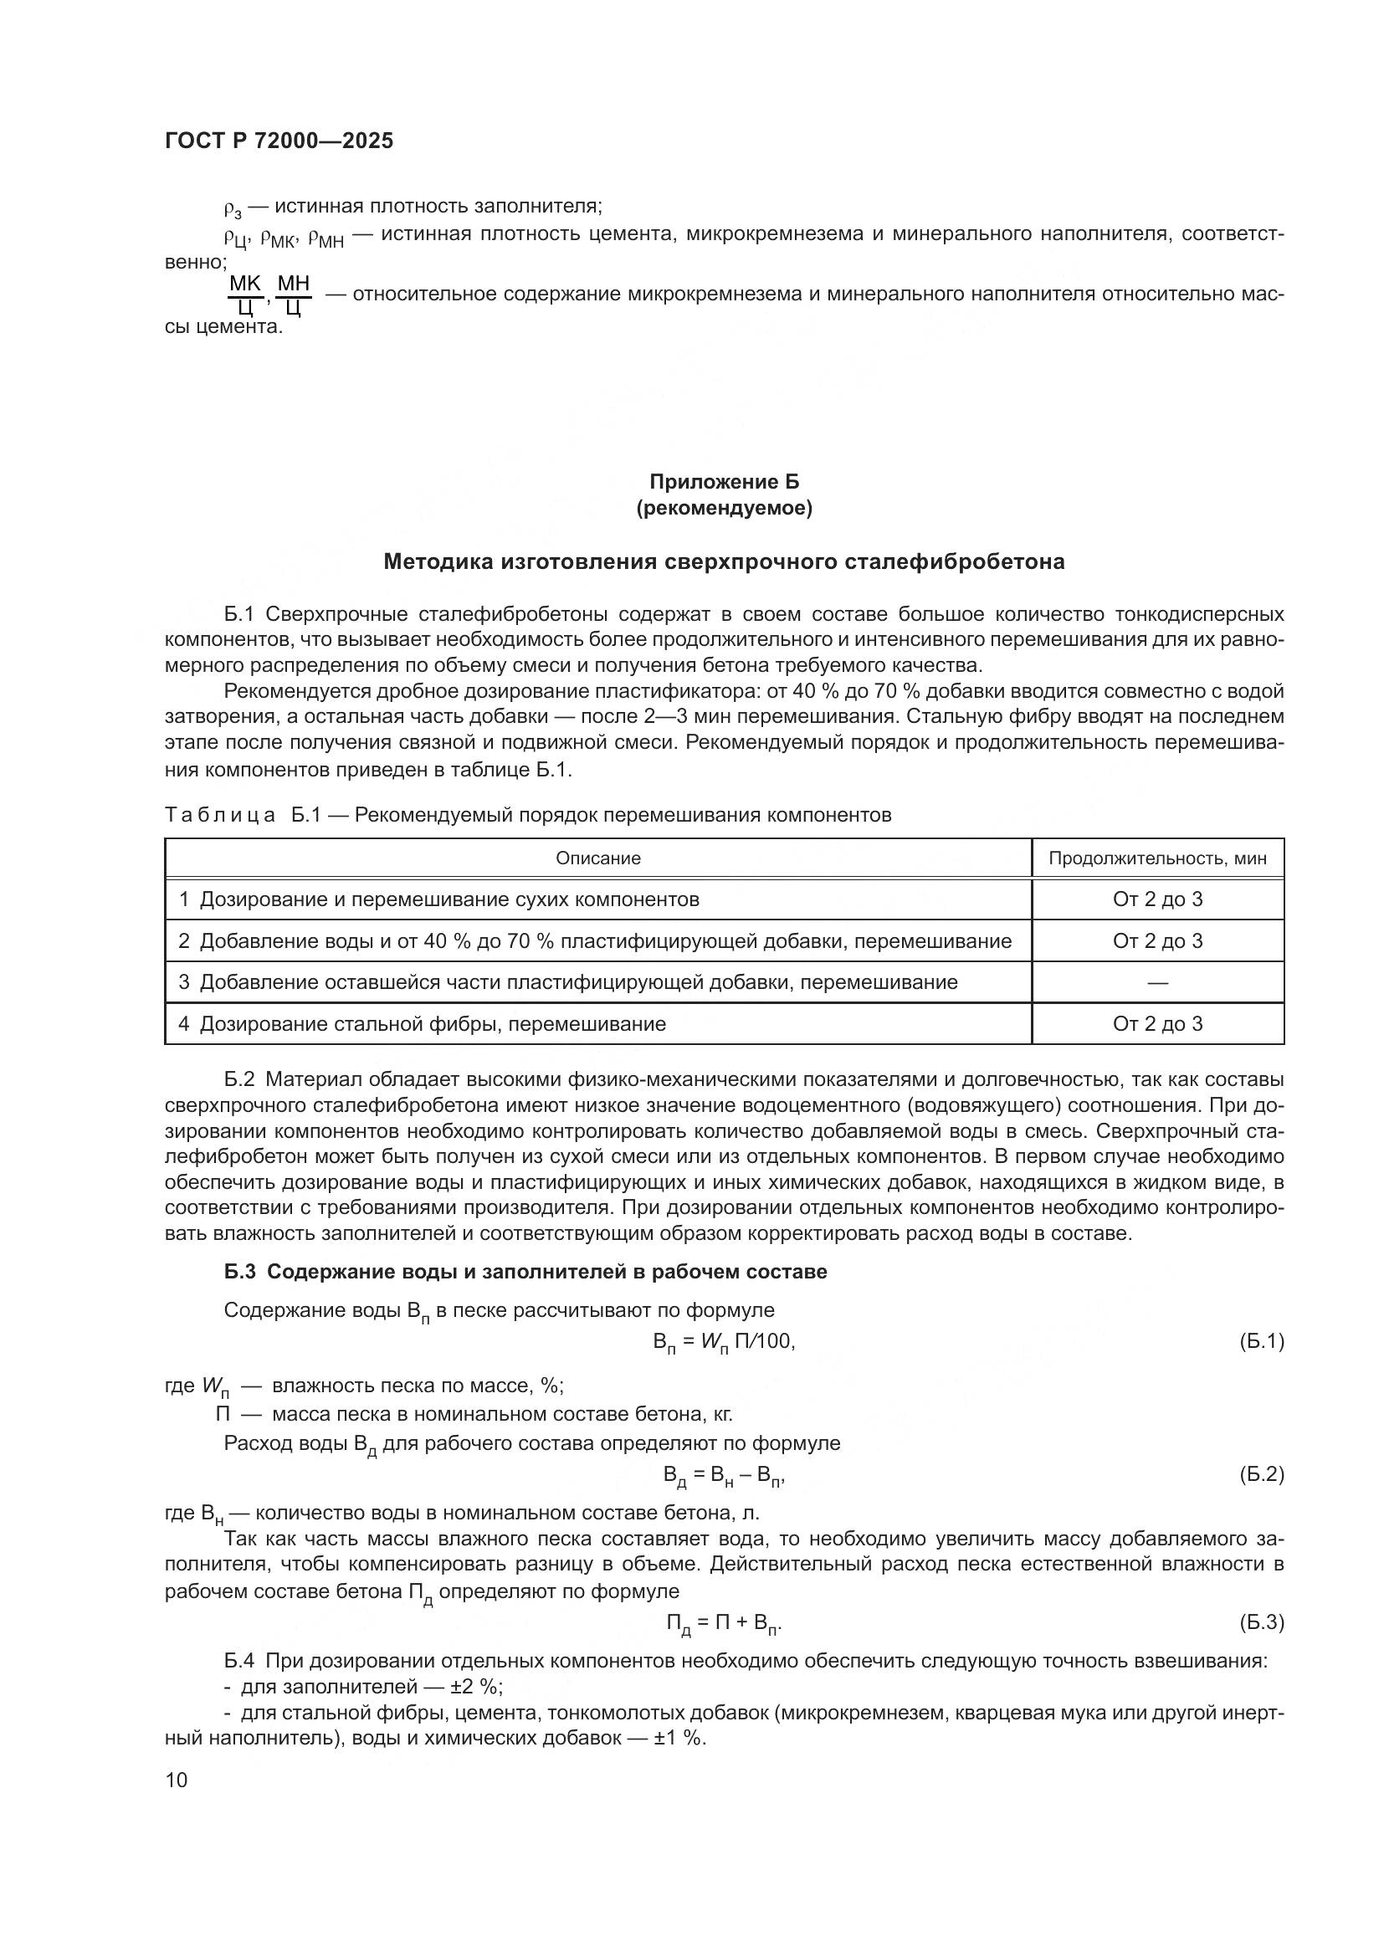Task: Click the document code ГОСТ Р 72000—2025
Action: coord(279,141)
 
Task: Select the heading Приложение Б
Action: coord(724,482)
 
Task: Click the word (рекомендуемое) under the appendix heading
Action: coord(724,509)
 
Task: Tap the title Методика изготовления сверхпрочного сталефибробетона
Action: coord(724,561)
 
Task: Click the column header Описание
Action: coord(598,858)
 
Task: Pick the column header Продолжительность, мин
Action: coord(1156,858)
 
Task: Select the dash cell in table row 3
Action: coord(1156,983)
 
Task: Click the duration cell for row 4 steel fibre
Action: coord(1156,1023)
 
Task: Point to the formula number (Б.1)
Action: coord(1260,1341)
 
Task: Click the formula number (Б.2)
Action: coord(1260,1474)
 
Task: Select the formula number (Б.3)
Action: coord(1260,1622)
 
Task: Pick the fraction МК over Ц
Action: coord(245,295)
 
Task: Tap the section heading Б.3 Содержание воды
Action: coord(525,1272)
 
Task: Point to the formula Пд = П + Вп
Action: coord(724,1624)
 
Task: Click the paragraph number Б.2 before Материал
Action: coord(239,1079)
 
